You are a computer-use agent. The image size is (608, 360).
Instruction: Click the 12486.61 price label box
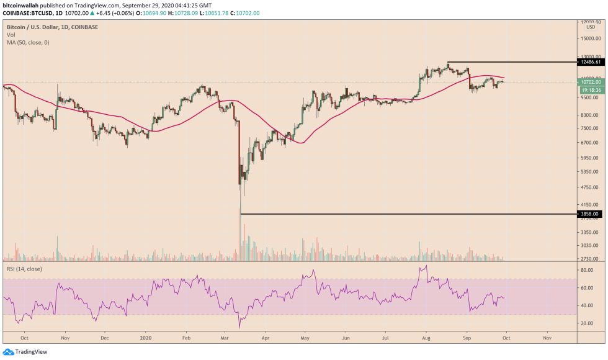589,62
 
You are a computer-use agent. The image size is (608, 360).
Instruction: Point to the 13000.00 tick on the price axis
589,56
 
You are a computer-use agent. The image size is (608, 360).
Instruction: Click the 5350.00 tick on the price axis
589,172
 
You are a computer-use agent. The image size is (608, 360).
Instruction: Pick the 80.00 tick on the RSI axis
586,271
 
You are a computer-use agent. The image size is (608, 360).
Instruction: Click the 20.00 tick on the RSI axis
586,323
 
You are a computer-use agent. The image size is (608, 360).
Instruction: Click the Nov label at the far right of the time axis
547,340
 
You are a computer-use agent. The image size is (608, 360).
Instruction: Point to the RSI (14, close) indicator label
24,269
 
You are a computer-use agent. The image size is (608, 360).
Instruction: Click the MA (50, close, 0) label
28,42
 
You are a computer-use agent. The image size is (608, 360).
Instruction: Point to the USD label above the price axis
591,27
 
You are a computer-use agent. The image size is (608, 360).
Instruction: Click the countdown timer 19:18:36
589,90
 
